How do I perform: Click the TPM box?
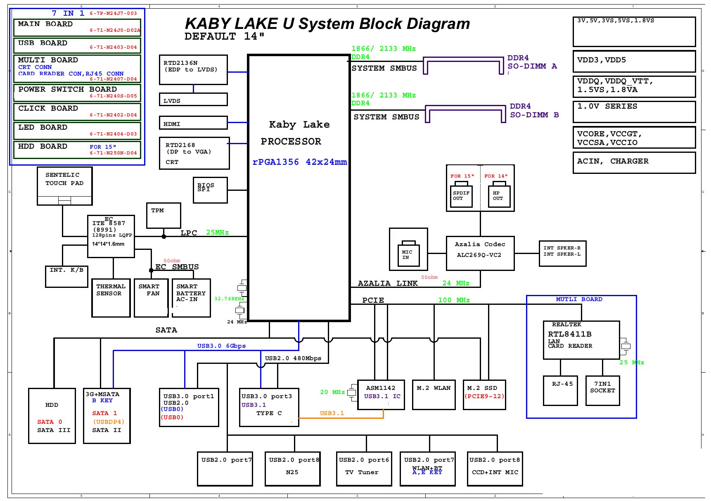[164, 215]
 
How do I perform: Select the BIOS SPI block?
[210, 190]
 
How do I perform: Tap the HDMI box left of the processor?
[193, 123]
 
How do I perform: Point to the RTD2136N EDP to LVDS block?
[193, 69]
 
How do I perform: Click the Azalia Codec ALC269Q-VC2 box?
[480, 253]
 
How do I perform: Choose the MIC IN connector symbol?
[408, 254]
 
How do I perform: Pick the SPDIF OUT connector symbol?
[461, 195]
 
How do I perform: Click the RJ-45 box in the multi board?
[560, 390]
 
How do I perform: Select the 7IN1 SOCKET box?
[602, 390]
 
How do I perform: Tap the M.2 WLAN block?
[434, 394]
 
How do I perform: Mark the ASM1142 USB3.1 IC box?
[381, 394]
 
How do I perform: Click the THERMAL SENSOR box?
[111, 298]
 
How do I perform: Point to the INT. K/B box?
[66, 276]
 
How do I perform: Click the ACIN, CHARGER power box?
[634, 162]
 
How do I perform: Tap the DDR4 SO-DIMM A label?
[532, 62]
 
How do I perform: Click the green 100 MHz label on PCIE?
[454, 300]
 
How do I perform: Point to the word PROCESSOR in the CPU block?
[291, 141]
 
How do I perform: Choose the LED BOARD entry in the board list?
[77, 131]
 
